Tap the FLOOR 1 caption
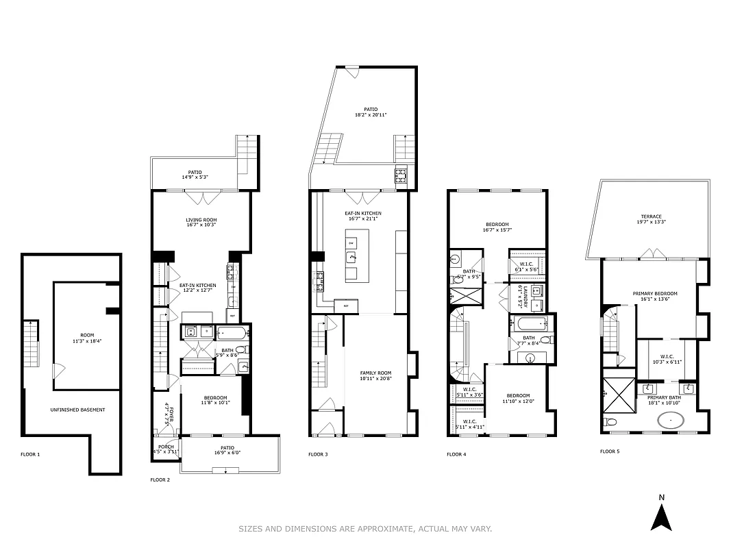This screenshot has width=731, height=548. click(31, 454)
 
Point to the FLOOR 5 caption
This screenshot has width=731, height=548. click(610, 451)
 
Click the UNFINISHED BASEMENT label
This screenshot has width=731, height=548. click(77, 410)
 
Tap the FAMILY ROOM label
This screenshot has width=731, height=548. click(375, 373)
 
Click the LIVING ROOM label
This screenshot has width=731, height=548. click(201, 220)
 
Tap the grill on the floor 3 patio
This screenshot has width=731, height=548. click(401, 176)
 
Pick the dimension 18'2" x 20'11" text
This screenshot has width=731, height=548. click(371, 115)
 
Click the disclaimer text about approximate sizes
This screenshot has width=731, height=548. click(365, 528)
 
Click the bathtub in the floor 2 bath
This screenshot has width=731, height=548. click(230, 333)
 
